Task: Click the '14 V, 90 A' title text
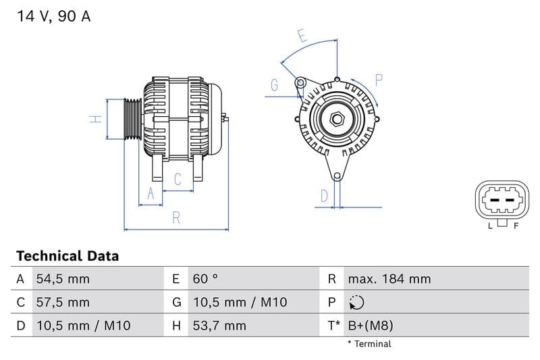[53, 17]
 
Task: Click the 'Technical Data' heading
[67, 256]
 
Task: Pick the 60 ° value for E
[205, 279]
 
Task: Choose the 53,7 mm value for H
[219, 326]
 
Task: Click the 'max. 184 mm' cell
[389, 279]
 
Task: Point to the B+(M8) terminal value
[370, 326]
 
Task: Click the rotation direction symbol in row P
[357, 303]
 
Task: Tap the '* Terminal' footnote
[369, 344]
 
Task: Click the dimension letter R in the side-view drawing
[176, 217]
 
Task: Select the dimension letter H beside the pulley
[97, 119]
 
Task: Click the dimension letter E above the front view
[302, 36]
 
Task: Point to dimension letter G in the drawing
[275, 85]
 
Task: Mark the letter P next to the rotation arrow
[379, 80]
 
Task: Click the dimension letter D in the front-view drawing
[324, 196]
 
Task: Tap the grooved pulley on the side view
[133, 120]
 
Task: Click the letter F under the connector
[516, 226]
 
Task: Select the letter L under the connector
[491, 226]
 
